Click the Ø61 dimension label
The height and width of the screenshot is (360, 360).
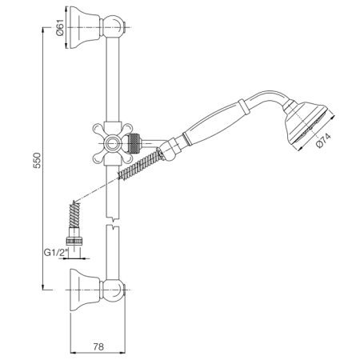(60, 27)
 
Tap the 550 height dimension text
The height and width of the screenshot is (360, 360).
(37, 160)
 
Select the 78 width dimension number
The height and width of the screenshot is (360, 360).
(98, 346)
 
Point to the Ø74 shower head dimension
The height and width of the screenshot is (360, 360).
(323, 140)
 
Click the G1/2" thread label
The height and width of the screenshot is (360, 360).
(56, 252)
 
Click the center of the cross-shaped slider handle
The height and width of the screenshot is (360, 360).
(112, 143)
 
